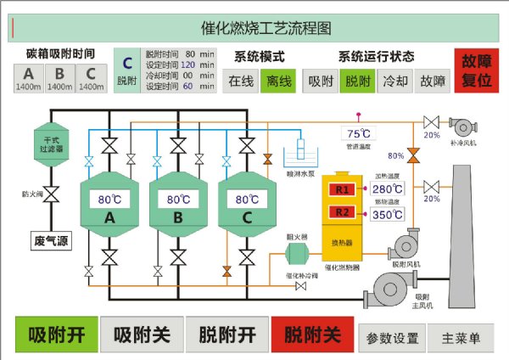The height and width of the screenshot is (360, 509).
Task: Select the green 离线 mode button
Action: pos(277,82)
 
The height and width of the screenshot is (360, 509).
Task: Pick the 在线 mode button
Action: pos(240,82)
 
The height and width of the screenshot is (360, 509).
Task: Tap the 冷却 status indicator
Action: pos(394,82)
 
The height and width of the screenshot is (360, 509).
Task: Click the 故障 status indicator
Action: pos(433,82)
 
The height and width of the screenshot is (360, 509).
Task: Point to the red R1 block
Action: pos(343,188)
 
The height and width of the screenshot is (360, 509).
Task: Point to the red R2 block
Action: pos(343,212)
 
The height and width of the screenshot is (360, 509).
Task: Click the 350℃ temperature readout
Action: pos(388,215)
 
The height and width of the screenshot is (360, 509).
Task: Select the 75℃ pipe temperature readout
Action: pos(357,133)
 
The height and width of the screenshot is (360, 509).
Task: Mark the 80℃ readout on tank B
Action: pos(177,200)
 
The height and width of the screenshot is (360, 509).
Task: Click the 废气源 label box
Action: pos(51,241)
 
